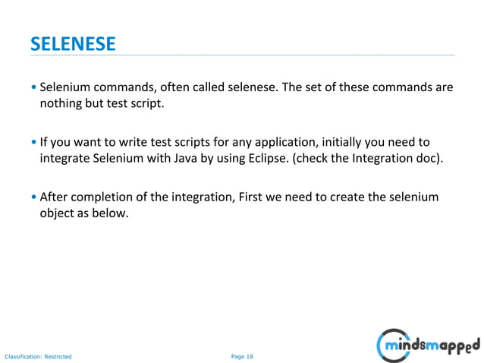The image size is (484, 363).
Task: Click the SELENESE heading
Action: [x=73, y=44]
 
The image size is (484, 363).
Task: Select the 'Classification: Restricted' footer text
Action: [x=38, y=355]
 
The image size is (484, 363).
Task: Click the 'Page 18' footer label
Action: [x=242, y=355]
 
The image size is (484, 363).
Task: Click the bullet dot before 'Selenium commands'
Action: [x=33, y=88]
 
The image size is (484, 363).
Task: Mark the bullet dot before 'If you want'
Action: [x=33, y=143]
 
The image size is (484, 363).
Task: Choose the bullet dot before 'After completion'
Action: [x=33, y=197]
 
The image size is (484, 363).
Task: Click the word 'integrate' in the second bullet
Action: [x=64, y=158]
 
